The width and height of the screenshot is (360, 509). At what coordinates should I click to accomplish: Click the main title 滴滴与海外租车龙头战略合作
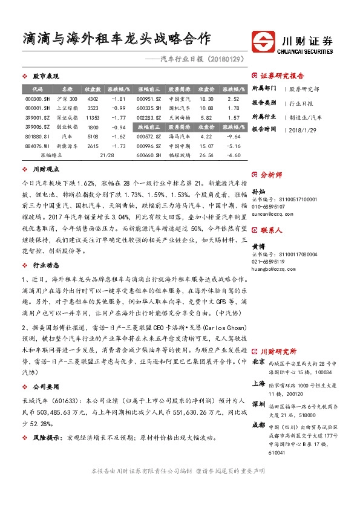[116, 39]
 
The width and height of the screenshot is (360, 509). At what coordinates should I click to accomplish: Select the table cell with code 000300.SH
[38, 99]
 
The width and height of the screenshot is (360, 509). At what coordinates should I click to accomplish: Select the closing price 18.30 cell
[206, 99]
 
